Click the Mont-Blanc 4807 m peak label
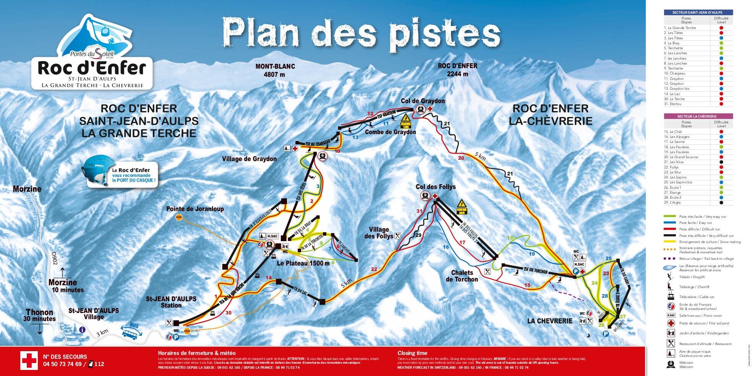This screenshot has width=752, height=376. pos(275,70)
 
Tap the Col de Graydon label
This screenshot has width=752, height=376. pos(423,101)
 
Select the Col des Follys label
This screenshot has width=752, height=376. pos(436,187)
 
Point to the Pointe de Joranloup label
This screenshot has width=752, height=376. pos(195,209)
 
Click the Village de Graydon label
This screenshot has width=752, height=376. pos(249,159)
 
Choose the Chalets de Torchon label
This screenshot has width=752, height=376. pos(462,276)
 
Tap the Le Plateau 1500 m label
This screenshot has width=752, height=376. pos(303,263)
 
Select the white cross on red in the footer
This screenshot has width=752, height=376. pos(29,360)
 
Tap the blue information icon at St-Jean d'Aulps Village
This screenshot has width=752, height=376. pos(82,330)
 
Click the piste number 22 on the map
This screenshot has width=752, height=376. pos(374,269)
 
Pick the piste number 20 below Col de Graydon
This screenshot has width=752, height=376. pos(461,158)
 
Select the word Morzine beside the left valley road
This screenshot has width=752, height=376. pos(27,189)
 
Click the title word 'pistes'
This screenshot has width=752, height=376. pos(445,33)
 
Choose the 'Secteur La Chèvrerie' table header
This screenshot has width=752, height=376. pos(698,116)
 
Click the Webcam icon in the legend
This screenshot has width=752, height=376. pos(671,365)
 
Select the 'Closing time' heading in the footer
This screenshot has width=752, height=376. pos(412,353)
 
